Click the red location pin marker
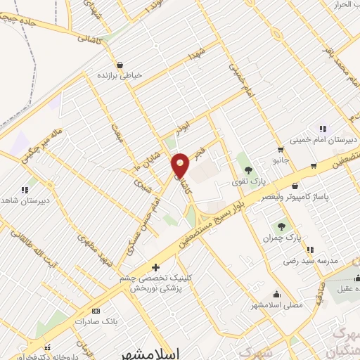point(181,165)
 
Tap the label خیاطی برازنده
point(120,74)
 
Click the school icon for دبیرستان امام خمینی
point(323,129)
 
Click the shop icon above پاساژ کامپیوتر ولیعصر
point(295,186)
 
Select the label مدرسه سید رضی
point(310,261)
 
